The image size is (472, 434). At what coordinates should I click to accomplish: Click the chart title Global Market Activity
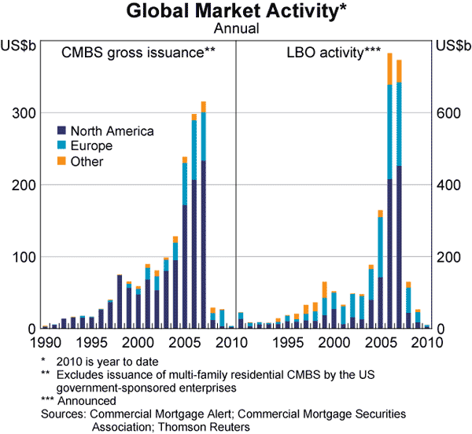point(235,12)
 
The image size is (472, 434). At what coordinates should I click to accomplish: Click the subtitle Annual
point(235,29)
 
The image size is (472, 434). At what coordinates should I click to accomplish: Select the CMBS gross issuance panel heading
point(138,53)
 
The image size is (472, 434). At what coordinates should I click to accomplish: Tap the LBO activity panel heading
point(334,53)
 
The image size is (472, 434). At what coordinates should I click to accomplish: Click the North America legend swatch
point(61,131)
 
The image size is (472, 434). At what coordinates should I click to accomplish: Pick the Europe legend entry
point(91,146)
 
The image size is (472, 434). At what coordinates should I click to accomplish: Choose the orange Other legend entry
point(87,162)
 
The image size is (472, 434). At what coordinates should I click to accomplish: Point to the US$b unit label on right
point(451,45)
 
